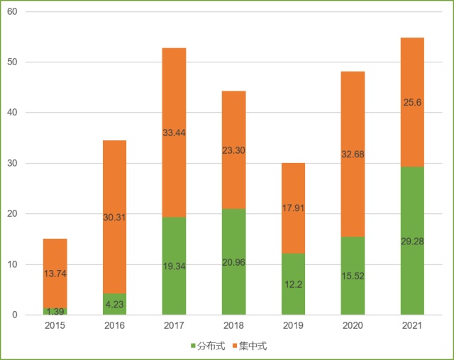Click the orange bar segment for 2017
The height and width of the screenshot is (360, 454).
click(174, 106)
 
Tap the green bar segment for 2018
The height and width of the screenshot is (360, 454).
click(233, 283)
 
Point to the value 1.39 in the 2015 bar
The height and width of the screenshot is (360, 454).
click(55, 312)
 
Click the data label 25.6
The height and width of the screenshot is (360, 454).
click(412, 102)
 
